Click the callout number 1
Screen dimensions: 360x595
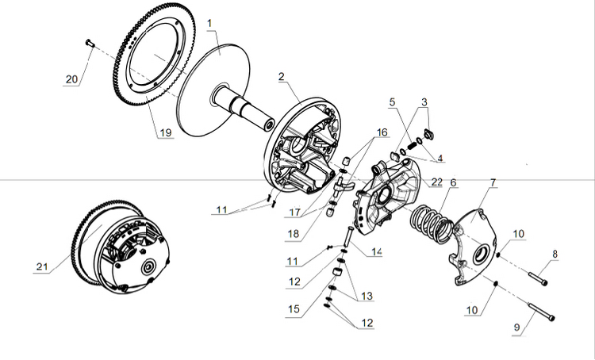pyautogui.click(x=210, y=24)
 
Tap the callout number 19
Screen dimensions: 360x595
pyautogui.click(x=164, y=132)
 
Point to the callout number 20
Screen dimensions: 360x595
pyautogui.click(x=72, y=79)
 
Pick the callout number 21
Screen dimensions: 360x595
pyautogui.click(x=41, y=267)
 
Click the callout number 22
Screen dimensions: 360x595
pyautogui.click(x=436, y=182)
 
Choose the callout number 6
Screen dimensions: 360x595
pyautogui.click(x=453, y=182)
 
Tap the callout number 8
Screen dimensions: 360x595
pyautogui.click(x=555, y=255)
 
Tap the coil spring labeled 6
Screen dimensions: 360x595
pyautogui.click(x=432, y=217)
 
